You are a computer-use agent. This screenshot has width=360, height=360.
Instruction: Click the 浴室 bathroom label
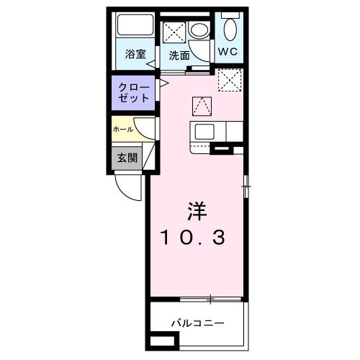pyautogui.click(x=134, y=54)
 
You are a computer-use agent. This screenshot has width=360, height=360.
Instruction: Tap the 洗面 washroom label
pyautogui.click(x=179, y=55)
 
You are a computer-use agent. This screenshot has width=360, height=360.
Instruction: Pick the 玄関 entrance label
pyautogui.click(x=127, y=158)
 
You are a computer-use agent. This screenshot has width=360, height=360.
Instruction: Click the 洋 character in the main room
pyautogui.click(x=197, y=211)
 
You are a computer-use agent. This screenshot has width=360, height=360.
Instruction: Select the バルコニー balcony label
pyautogui.click(x=197, y=324)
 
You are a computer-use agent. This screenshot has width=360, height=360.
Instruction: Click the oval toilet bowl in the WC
pyautogui.click(x=230, y=30)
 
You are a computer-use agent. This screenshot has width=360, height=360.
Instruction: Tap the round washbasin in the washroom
pyautogui.click(x=199, y=30)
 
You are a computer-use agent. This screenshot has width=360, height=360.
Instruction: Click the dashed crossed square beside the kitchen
pyautogui.click(x=230, y=80)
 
